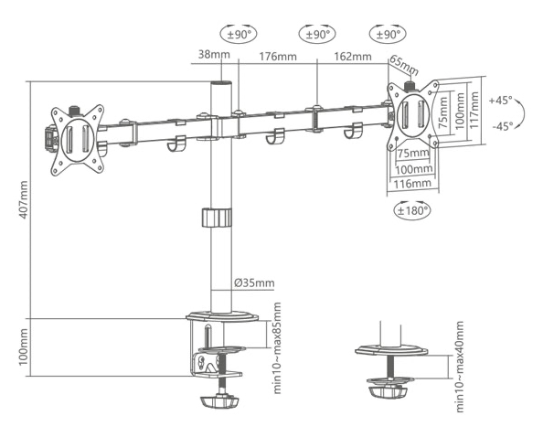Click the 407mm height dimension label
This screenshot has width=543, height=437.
click(23, 199)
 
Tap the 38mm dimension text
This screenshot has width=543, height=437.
click(214, 54)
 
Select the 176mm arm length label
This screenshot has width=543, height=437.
click(278, 57)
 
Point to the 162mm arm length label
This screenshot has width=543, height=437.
click(353, 56)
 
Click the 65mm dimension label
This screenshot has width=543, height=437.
click(404, 66)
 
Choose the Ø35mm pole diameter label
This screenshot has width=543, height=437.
click(254, 282)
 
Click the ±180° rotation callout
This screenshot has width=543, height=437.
click(412, 210)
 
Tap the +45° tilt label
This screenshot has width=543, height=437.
click(500, 101)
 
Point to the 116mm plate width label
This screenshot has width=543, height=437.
click(412, 183)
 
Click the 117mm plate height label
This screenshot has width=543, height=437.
click(474, 110)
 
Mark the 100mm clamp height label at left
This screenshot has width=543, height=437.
click(23, 347)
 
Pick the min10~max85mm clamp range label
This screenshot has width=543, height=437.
click(277, 348)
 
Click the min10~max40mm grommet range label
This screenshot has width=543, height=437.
click(459, 367)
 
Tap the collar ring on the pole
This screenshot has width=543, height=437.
click(217, 218)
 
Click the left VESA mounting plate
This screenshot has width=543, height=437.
click(78, 140)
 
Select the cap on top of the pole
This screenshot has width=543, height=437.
click(221, 84)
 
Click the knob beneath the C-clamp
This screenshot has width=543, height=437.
click(219, 401)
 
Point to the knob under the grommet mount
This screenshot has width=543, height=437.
click(389, 392)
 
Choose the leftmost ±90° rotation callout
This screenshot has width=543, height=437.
click(239, 34)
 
